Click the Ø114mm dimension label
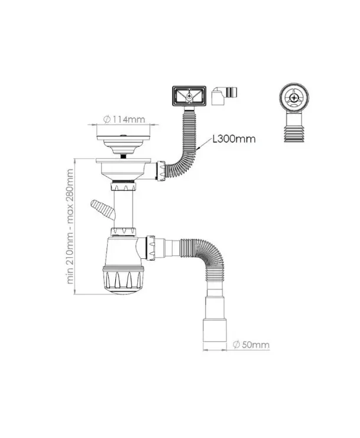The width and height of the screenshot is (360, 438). click(x=124, y=120)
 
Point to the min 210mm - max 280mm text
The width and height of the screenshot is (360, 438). click(x=72, y=226)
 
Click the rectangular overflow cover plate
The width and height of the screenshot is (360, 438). click(x=188, y=96)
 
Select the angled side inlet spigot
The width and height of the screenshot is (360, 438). click(x=100, y=209)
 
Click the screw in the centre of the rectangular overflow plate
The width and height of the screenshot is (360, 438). click(x=188, y=95)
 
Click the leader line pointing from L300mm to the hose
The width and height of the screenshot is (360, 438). click(x=204, y=147)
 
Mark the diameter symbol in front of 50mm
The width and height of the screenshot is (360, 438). click(x=235, y=345)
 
